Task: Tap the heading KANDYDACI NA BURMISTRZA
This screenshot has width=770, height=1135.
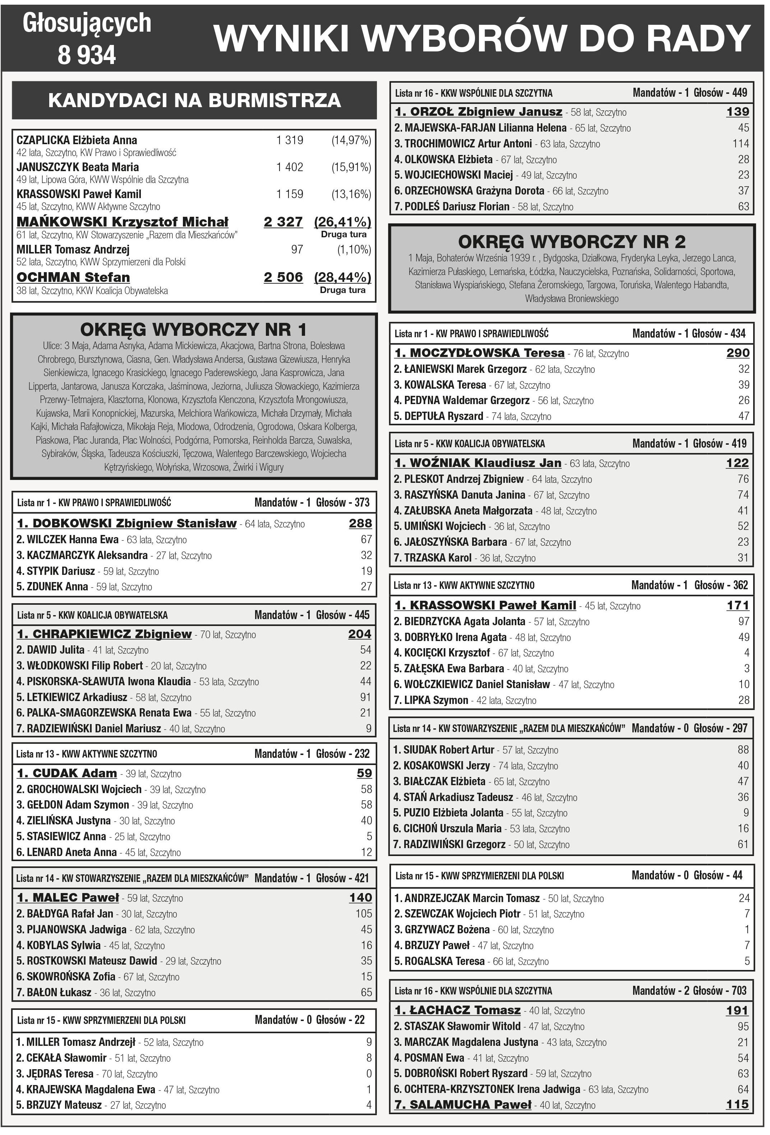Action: (194, 100)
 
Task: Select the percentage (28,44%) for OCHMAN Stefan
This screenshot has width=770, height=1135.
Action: (342, 278)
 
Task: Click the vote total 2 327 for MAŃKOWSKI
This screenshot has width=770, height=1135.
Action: (283, 222)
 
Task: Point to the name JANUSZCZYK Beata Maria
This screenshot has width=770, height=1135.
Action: (78, 167)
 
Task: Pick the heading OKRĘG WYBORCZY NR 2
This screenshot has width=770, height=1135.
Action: (571, 242)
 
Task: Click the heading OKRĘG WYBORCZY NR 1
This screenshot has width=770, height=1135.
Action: (193, 330)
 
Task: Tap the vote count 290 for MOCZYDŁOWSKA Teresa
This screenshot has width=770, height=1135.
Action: (737, 353)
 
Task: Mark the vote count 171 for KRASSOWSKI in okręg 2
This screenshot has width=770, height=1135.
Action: (737, 605)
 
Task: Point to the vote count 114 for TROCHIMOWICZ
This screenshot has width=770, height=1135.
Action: (740, 143)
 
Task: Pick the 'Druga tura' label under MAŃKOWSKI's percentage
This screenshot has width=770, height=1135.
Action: (343, 234)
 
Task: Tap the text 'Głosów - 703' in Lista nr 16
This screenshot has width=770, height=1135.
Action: (719, 990)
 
